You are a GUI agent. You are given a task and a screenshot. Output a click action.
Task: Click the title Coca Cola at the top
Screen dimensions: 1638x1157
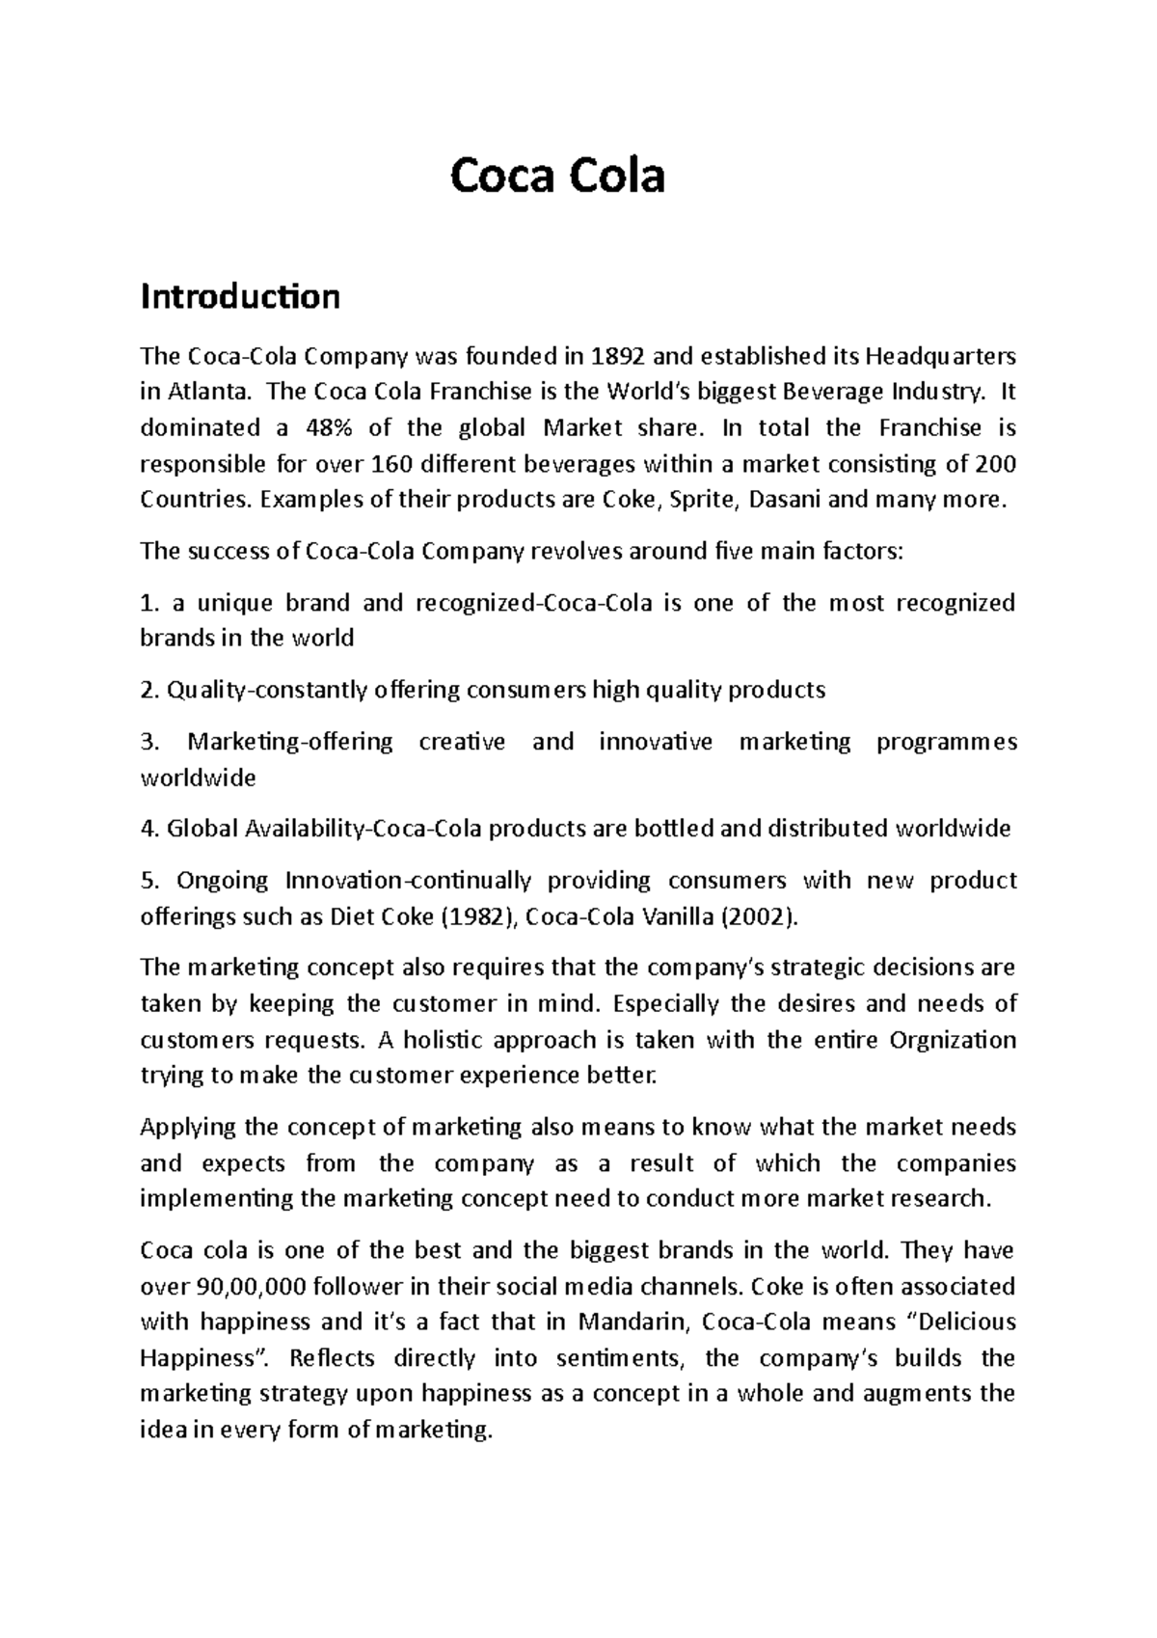558,177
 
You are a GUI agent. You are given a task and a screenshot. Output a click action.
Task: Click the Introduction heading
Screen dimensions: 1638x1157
240,296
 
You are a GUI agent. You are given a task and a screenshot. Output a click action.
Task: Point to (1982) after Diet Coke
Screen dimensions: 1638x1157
480,916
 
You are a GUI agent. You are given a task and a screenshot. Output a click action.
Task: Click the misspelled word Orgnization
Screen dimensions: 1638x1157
953,1040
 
